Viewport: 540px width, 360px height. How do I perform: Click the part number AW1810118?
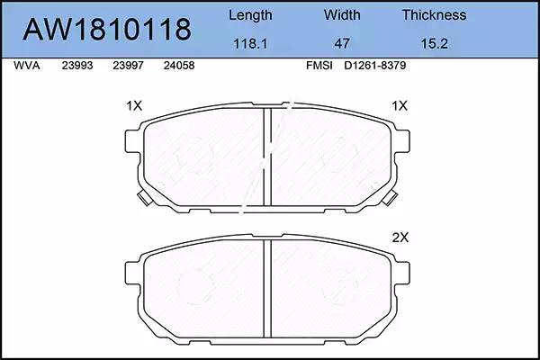pyautogui.click(x=107, y=30)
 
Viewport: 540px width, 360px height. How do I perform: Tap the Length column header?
pyautogui.click(x=250, y=15)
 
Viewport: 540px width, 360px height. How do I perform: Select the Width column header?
pyautogui.click(x=342, y=14)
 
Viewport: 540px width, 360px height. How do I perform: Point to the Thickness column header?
pyautogui.click(x=434, y=14)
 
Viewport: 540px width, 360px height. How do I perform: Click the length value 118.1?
pyautogui.click(x=250, y=44)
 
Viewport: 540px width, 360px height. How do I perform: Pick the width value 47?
pyautogui.click(x=342, y=44)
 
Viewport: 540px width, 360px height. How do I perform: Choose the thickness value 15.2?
pyautogui.click(x=435, y=44)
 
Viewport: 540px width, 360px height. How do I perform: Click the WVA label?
pyautogui.click(x=27, y=66)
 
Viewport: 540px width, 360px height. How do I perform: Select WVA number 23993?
pyautogui.click(x=77, y=66)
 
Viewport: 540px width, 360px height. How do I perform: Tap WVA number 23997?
pyautogui.click(x=128, y=66)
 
